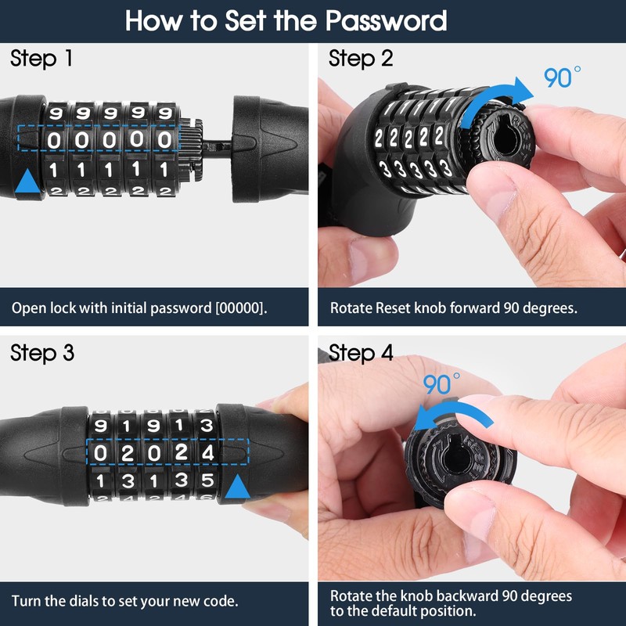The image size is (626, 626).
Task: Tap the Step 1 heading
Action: click(x=43, y=59)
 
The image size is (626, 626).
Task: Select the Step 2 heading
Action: click(x=361, y=59)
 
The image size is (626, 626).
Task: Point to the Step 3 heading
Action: click(x=43, y=353)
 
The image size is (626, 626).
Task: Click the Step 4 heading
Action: click(x=361, y=353)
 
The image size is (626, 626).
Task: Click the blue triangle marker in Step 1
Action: click(x=27, y=181)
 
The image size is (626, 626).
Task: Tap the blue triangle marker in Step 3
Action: click(x=237, y=489)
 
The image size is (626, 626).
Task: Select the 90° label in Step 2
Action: click(x=562, y=77)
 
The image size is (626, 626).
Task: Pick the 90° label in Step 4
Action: click(x=441, y=384)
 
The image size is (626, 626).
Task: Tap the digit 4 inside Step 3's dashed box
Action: click(x=207, y=453)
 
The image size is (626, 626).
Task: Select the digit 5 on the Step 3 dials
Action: click(x=207, y=480)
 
